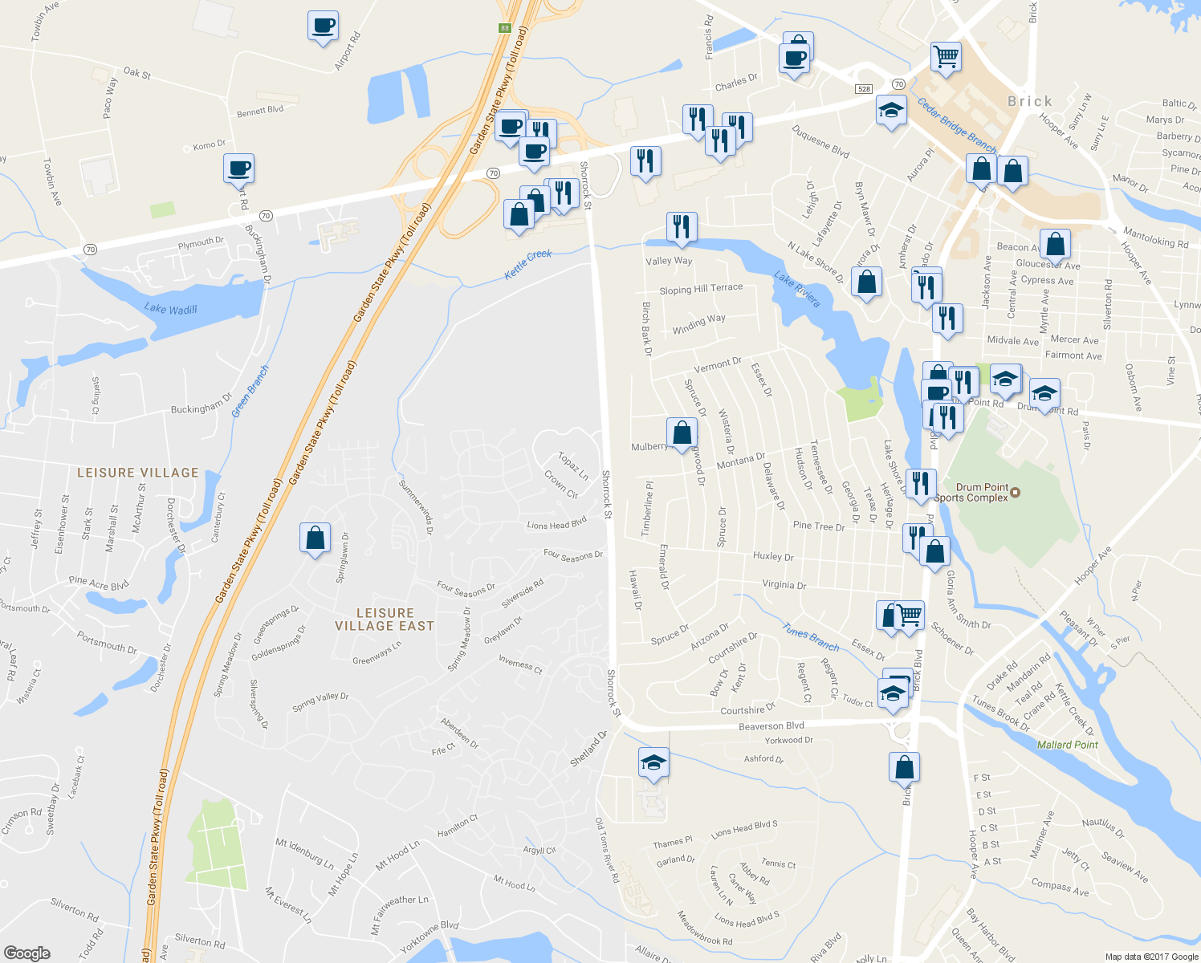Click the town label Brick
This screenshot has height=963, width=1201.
point(1029,101)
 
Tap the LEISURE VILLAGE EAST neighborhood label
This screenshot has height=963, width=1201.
point(385,620)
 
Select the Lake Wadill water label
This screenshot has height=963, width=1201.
point(170,309)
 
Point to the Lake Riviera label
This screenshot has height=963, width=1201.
point(796,289)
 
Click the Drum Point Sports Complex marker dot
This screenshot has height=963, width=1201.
point(1016,492)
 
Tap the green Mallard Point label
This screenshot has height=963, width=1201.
point(1067,745)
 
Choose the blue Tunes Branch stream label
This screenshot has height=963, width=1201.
point(811,640)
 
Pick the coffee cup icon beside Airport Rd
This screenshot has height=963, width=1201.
point(323,26)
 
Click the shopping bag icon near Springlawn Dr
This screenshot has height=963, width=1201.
point(315,538)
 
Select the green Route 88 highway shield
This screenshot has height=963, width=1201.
point(504,28)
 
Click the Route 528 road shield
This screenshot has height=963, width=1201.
point(864,89)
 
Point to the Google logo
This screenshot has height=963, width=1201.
point(26,953)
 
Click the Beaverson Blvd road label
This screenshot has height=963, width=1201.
point(771,725)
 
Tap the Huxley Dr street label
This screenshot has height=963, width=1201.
point(773,556)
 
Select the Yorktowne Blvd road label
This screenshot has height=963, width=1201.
point(429,937)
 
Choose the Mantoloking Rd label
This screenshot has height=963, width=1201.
point(1155,238)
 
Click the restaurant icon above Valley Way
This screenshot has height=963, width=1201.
point(681,227)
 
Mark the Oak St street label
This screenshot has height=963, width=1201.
point(137,73)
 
